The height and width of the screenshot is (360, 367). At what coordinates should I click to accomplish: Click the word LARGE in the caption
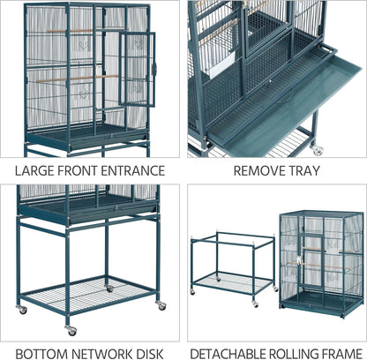point(34,171)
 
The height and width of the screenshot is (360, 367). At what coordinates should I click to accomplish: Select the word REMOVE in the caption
point(247,171)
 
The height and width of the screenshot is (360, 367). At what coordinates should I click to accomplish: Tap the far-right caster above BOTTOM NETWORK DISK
point(161,304)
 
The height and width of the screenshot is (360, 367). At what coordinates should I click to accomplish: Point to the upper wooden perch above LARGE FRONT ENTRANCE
point(71,31)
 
